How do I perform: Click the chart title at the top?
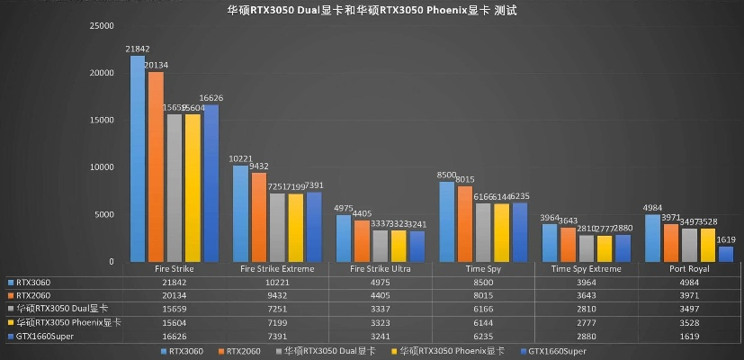(x=371, y=11)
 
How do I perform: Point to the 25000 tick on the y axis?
(x=101, y=26)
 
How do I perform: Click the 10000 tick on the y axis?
(x=101, y=167)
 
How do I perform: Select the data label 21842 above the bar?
(x=138, y=48)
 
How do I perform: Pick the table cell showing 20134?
(x=175, y=293)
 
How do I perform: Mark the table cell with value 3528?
(x=691, y=320)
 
